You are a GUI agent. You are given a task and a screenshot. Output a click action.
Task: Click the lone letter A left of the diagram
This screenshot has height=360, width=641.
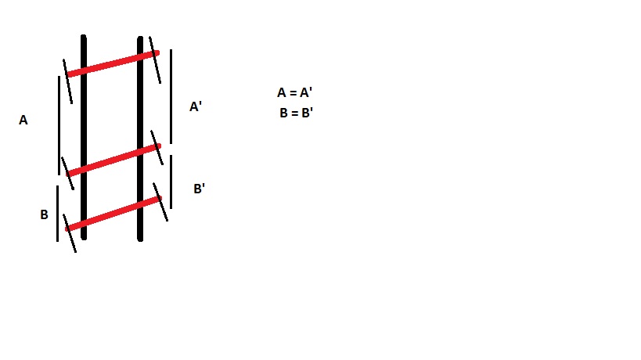click(x=23, y=121)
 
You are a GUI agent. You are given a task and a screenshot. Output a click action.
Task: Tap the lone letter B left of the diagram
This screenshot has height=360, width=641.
click(x=44, y=214)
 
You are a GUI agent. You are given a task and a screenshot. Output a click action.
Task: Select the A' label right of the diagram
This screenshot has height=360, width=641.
click(x=196, y=106)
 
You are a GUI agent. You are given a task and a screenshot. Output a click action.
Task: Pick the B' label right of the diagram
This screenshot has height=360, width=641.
click(x=199, y=189)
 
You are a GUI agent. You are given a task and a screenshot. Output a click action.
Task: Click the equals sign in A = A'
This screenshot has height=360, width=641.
click(x=293, y=93)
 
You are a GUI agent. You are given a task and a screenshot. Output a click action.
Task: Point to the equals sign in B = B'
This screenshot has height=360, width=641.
click(x=295, y=113)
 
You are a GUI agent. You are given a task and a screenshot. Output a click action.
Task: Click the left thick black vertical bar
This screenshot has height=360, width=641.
click(x=84, y=137)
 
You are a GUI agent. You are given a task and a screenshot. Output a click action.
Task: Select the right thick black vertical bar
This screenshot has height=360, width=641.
click(x=140, y=139)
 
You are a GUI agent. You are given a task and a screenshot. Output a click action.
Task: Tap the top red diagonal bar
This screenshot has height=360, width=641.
click(x=113, y=63)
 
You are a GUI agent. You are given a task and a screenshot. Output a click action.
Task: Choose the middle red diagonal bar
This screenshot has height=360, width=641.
click(x=113, y=160)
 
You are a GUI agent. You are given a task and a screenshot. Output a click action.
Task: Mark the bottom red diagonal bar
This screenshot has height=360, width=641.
click(x=113, y=214)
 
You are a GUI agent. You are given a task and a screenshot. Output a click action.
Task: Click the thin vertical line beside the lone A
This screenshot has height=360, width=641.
click(x=59, y=125)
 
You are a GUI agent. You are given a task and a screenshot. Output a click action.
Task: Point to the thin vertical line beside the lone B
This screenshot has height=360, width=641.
click(x=57, y=214)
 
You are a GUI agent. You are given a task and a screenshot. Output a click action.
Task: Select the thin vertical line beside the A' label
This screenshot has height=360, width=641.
click(x=171, y=96)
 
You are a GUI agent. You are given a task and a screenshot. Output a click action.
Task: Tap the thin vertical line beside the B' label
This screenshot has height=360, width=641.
click(x=171, y=182)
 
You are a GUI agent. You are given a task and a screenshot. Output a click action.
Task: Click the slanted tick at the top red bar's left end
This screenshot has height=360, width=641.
click(x=67, y=81)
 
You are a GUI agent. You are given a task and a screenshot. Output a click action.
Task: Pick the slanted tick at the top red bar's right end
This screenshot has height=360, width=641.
click(x=155, y=59)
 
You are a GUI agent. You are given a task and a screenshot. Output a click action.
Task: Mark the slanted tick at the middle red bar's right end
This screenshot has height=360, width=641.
click(x=157, y=147)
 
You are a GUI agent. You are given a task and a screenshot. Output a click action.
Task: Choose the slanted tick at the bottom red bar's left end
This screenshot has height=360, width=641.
click(x=70, y=233)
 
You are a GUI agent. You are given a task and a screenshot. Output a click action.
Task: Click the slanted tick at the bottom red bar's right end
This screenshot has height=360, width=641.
click(x=160, y=202)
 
